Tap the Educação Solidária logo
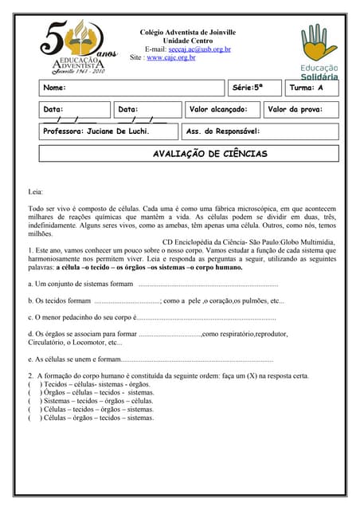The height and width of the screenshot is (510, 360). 319,52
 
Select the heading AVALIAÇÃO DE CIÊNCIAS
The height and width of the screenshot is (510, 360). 210,154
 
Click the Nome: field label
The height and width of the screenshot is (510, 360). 55,88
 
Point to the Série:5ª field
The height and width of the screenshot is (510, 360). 247,88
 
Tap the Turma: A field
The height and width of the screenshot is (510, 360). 307,88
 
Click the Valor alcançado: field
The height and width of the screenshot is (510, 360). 219,109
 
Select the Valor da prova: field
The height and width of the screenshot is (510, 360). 295,109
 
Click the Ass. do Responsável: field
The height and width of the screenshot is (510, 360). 223,131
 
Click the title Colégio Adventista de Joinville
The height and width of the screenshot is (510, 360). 188,32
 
